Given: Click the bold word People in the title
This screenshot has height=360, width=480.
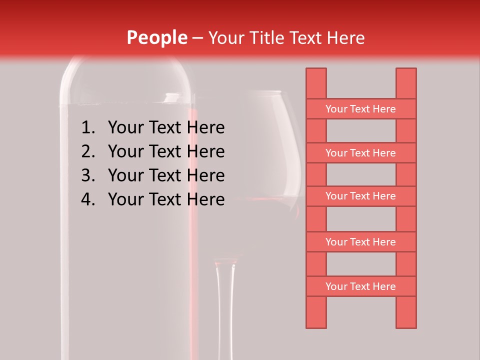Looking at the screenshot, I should tap(156, 37).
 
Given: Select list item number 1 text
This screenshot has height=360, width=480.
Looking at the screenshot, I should tap(166, 128).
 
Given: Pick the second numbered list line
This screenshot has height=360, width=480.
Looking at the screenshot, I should tap(166, 151).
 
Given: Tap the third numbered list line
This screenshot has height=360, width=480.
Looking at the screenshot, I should tap(166, 175).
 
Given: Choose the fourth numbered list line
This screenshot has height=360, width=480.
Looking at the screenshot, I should tap(166, 199).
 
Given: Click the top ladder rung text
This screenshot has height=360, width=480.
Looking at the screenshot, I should tap(360, 109).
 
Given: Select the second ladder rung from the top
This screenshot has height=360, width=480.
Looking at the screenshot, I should tap(360, 153).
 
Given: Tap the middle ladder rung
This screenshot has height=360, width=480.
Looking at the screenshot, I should tap(360, 196).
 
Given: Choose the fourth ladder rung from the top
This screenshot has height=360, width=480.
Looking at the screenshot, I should tap(360, 242).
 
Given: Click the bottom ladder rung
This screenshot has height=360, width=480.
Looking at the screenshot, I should tap(360, 286).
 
